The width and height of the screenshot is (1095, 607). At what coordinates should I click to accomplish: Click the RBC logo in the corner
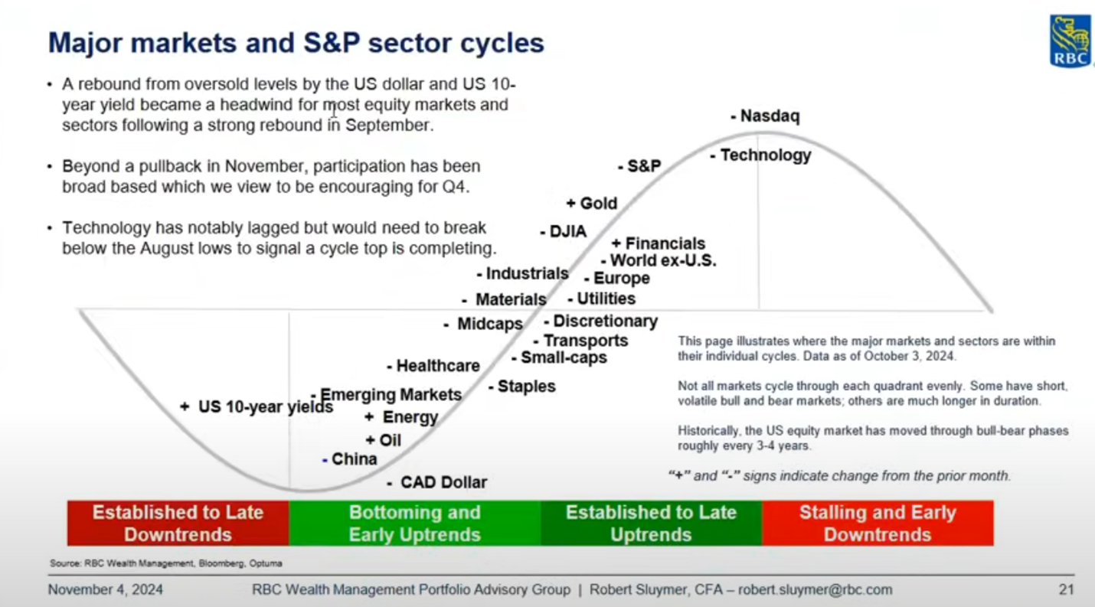(x=1070, y=41)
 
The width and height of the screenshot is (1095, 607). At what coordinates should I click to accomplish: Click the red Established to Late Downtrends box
(x=178, y=523)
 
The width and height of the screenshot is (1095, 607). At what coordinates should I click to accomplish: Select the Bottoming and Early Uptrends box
(x=414, y=523)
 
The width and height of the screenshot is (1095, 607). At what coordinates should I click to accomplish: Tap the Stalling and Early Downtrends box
(x=878, y=523)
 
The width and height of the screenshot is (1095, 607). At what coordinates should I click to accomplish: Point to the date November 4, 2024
(x=106, y=590)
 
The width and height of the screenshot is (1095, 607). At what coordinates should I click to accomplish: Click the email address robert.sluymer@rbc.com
(x=816, y=590)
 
